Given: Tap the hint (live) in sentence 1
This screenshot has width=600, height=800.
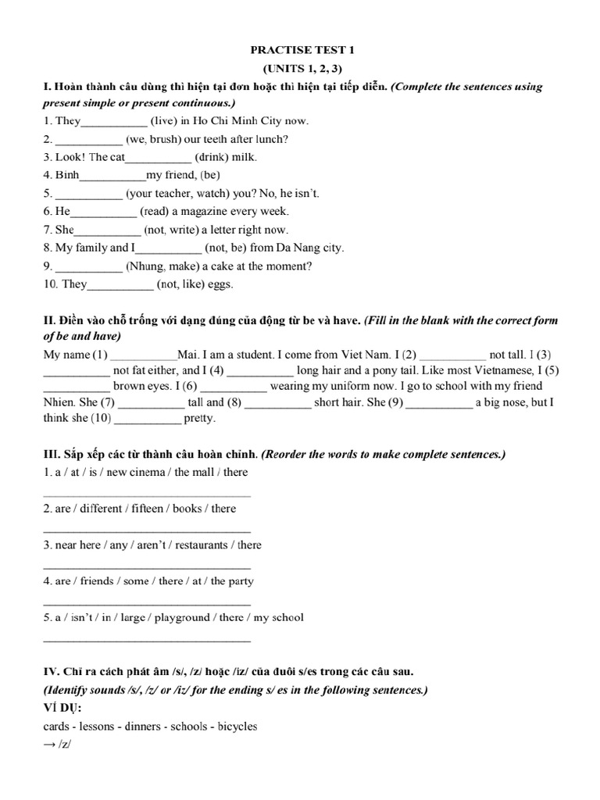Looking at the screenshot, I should click(x=166, y=121).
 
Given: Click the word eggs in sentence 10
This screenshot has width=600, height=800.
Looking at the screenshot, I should click(x=219, y=284).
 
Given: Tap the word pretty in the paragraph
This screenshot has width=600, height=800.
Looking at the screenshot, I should click(x=199, y=418).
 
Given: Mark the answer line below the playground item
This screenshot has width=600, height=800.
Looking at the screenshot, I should click(x=146, y=640).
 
